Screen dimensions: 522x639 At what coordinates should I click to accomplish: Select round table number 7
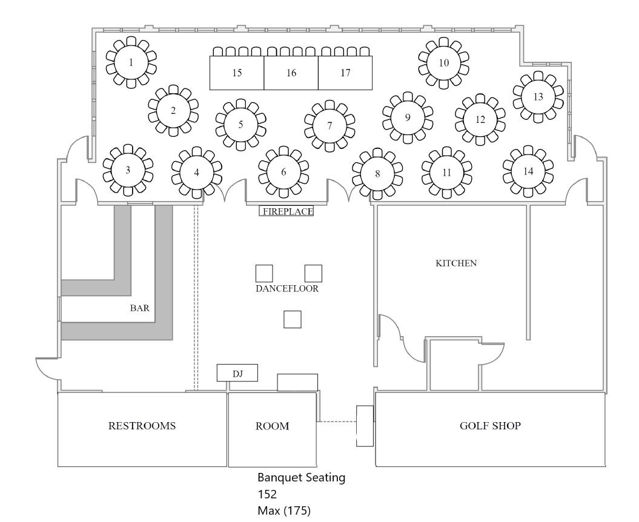click(329, 126)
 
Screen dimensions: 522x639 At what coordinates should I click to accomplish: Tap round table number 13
click(538, 96)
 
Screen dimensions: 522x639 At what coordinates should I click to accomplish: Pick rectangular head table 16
click(291, 73)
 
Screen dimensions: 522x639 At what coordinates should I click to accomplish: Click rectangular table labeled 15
click(237, 73)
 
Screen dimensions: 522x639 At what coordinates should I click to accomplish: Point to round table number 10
click(444, 62)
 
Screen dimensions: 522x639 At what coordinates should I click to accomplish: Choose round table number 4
click(196, 171)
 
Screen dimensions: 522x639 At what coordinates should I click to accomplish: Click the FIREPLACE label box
click(287, 211)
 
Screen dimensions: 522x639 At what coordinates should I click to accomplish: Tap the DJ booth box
click(237, 374)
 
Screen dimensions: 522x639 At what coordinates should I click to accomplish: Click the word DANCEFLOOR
click(287, 289)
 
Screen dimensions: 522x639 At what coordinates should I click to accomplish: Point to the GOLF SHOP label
click(490, 426)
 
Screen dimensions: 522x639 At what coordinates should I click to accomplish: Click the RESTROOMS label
click(142, 426)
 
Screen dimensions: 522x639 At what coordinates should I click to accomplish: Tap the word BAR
click(139, 308)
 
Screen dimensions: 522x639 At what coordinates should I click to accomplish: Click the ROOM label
click(272, 426)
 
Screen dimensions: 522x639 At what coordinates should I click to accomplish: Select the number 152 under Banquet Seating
click(267, 494)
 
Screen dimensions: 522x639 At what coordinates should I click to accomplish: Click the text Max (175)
click(284, 511)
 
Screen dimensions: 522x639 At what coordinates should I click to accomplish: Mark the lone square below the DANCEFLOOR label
click(293, 319)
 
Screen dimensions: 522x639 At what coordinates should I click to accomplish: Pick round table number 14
click(528, 171)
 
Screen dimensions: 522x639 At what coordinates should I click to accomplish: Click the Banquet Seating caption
click(301, 478)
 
